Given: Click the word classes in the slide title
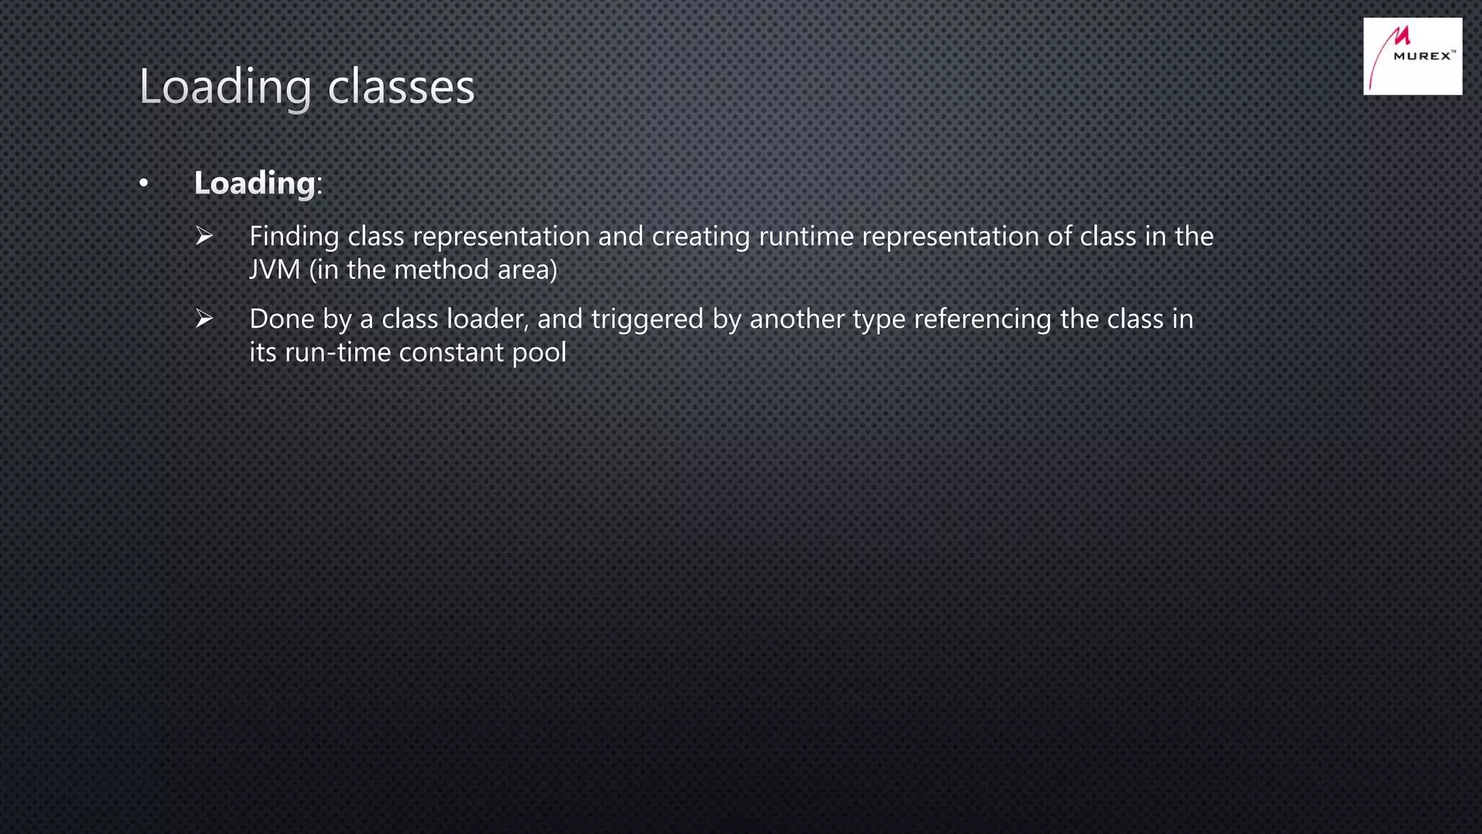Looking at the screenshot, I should tap(401, 87).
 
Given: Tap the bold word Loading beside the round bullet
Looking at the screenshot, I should tap(255, 182).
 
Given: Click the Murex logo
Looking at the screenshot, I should tap(1412, 56).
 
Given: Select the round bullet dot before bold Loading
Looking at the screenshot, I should tap(144, 184).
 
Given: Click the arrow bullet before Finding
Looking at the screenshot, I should tap(204, 236).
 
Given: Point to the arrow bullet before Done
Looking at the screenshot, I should tap(204, 319).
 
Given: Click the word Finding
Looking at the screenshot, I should tap(294, 237).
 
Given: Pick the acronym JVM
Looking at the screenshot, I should tap(274, 270).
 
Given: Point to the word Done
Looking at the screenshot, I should tap(281, 319).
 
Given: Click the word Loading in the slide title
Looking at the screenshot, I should tap(225, 87).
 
